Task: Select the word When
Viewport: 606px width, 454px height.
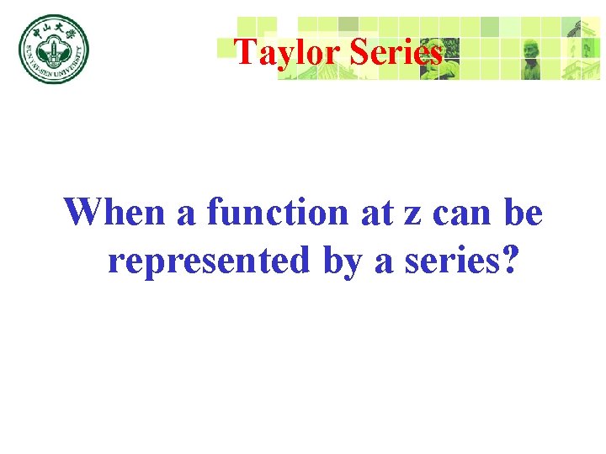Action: tap(115, 212)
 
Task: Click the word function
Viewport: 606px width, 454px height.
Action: tap(279, 212)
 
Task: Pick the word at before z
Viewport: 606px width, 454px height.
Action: tap(375, 214)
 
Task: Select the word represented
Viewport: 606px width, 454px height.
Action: tap(210, 262)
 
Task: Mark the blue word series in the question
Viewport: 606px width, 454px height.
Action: tap(446, 262)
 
